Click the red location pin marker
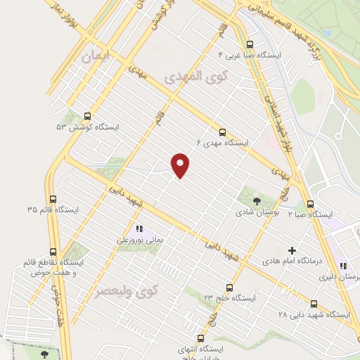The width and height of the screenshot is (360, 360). coord(181,165)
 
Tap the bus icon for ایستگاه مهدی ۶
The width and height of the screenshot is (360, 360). coord(223,131)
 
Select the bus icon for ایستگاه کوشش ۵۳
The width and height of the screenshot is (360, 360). coord(88,117)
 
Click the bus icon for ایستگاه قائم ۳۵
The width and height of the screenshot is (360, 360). coord(53,199)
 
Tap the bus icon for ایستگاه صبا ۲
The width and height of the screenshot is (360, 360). coord(311,204)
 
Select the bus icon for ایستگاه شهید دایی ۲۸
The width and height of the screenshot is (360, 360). coord(314,304)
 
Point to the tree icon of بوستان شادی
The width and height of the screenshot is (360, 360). coord(255,202)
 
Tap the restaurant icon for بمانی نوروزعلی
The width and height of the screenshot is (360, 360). coord(139,229)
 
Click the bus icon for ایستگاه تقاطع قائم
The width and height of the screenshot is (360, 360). coord(53,251)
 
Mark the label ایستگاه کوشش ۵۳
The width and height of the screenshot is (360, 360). coord(88,127)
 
